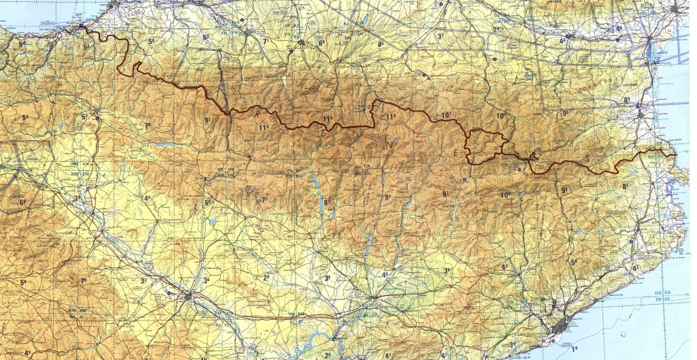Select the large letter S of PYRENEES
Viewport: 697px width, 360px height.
coord(588,159)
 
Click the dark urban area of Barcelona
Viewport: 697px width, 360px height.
coord(560,327)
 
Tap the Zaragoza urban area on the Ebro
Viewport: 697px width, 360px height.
coord(188,296)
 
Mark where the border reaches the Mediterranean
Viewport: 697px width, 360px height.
coord(675,154)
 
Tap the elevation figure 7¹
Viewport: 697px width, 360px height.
coord(266,41)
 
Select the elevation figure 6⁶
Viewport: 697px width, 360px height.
coord(322,43)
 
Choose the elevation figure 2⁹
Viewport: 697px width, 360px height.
coord(266,277)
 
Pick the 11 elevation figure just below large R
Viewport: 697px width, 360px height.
coord(263,127)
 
